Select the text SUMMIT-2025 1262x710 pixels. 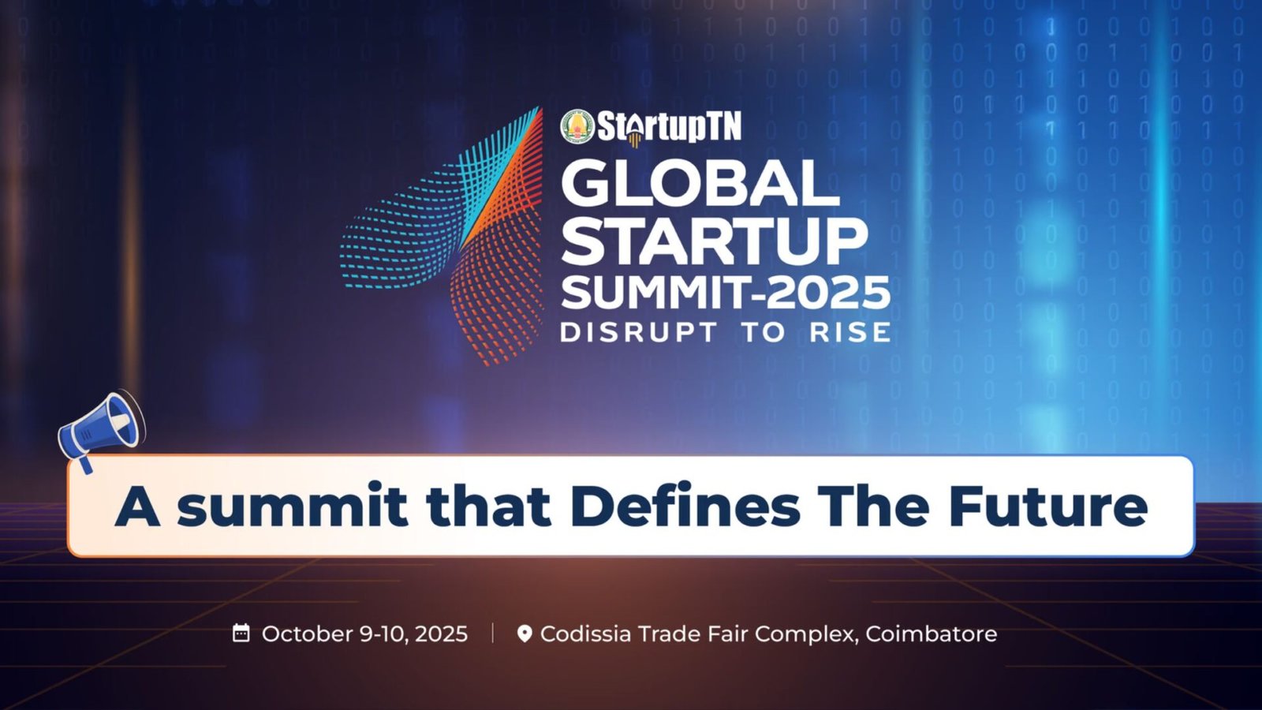(726, 293)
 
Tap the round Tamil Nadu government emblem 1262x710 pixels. (577, 126)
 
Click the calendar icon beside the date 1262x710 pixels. (241, 633)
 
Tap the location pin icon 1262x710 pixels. (525, 633)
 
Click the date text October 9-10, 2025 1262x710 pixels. (364, 634)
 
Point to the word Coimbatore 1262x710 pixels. (932, 633)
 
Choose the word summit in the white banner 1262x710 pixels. (292, 506)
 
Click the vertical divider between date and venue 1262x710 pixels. (492, 633)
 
